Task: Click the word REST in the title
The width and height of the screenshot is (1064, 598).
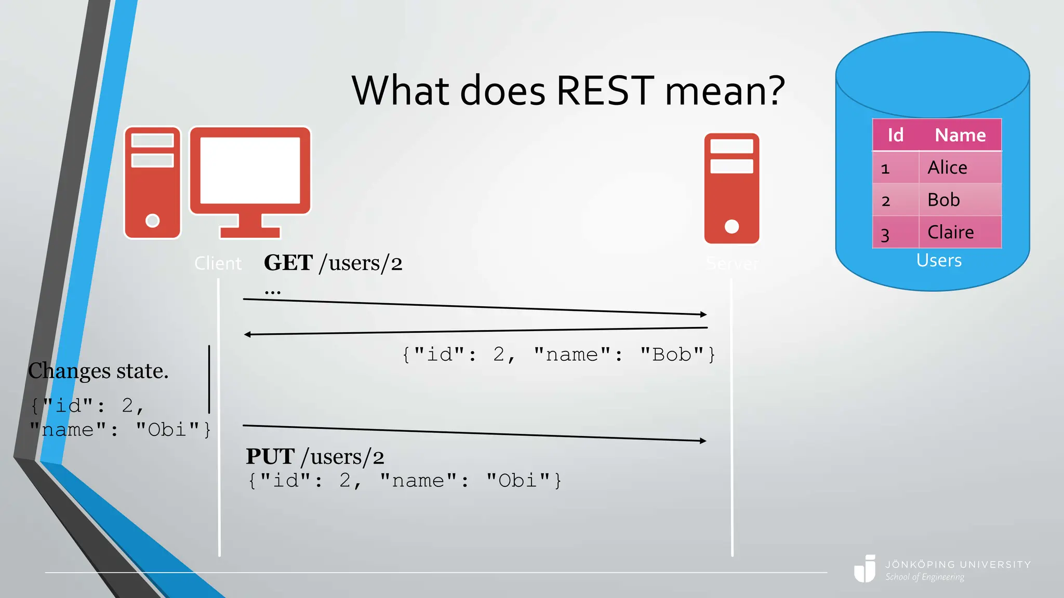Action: coord(605,91)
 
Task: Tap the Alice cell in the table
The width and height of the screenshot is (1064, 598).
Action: coord(947,168)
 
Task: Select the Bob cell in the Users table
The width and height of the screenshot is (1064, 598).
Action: coord(943,200)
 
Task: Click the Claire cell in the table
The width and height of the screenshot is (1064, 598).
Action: coord(950,232)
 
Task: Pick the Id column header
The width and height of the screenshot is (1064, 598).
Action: coord(895,135)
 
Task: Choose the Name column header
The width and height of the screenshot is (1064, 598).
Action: coord(960,135)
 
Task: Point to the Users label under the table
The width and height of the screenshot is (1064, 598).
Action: coord(938,260)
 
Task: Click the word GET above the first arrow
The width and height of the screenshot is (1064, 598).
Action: coord(288,263)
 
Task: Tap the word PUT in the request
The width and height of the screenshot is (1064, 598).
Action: coord(270,457)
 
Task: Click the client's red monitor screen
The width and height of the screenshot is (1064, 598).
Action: coord(250,170)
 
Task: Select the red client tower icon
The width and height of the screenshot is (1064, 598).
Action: coord(152,182)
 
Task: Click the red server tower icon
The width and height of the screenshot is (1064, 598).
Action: coord(731,188)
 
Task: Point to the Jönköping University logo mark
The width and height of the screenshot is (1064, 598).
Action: coord(865,569)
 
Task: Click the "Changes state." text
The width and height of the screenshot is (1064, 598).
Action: coord(98,371)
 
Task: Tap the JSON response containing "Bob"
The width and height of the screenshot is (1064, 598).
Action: coord(558,355)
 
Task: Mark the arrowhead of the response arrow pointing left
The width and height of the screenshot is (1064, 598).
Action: coord(247,334)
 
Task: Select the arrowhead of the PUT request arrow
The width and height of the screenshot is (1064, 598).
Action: coord(703,441)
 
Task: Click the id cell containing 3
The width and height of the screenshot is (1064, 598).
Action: coord(885,235)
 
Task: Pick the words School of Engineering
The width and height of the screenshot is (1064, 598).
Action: coord(924,577)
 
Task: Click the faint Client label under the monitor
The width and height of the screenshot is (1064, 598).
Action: coord(218,264)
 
